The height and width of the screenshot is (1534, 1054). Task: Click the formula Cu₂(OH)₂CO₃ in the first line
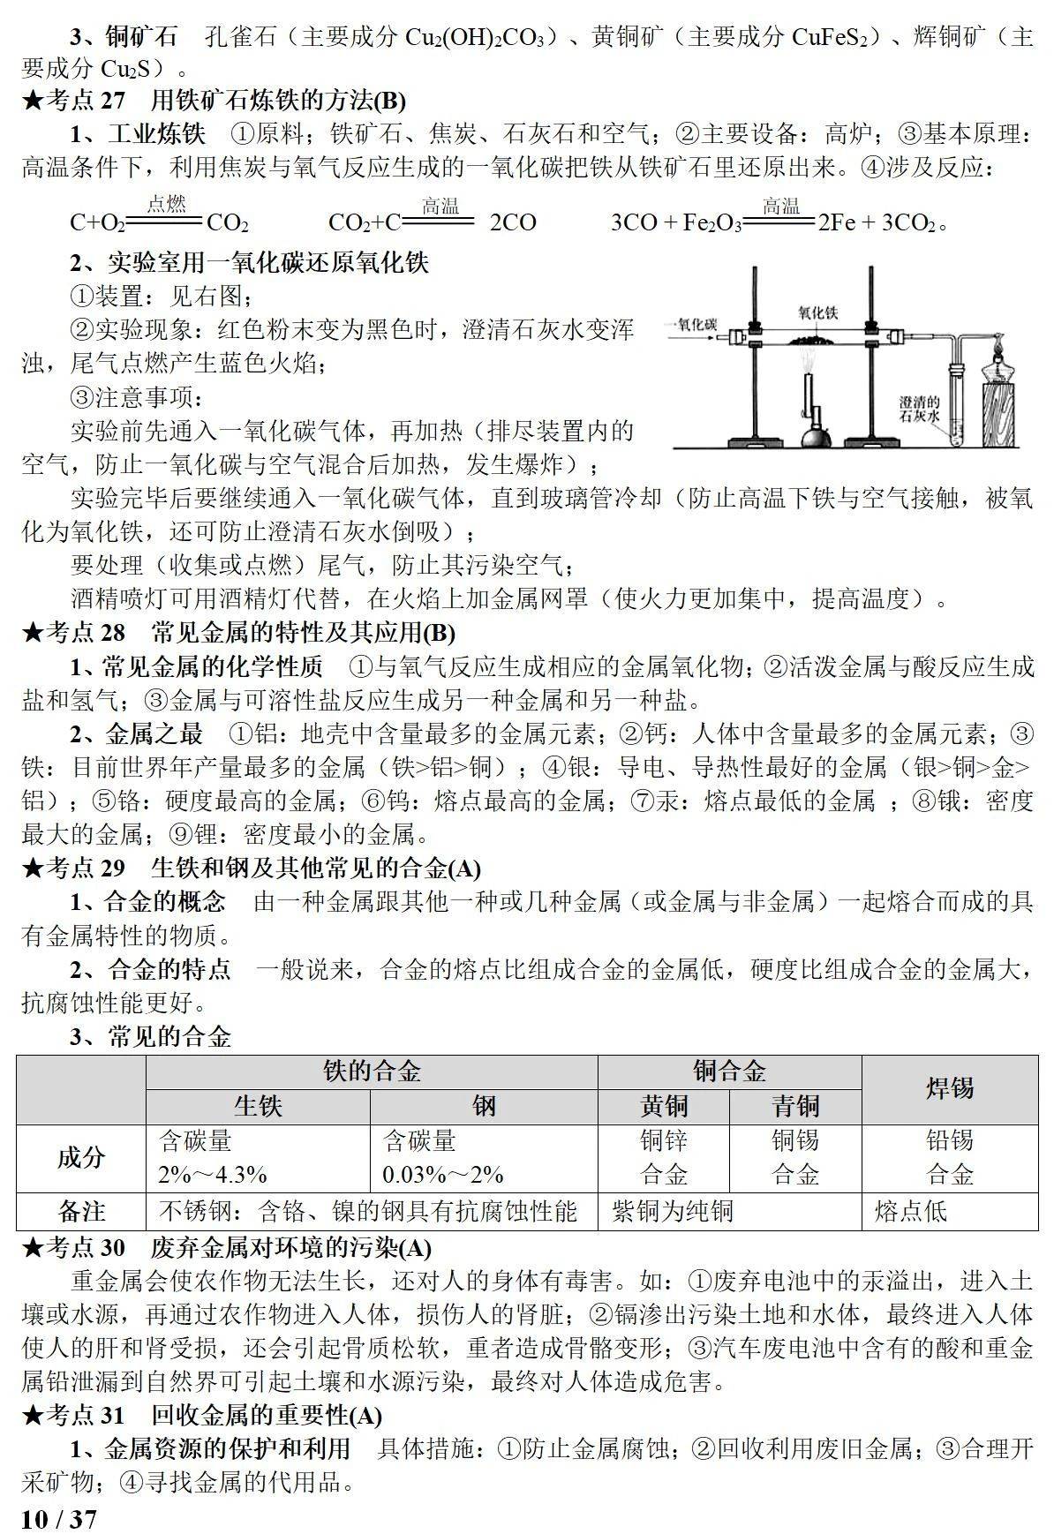point(482,38)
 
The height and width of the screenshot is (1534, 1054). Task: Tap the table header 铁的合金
point(372,1072)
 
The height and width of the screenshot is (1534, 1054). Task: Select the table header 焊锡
point(949,1088)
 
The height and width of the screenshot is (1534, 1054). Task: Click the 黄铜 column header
point(664,1106)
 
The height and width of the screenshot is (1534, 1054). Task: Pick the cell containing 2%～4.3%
point(213,1175)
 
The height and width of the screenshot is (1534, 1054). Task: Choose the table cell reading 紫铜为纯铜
point(673,1211)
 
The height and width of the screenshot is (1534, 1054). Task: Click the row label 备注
point(81,1211)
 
